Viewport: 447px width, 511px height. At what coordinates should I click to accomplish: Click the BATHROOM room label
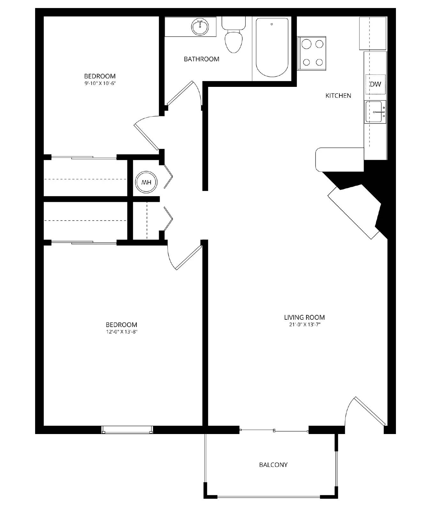point(201,59)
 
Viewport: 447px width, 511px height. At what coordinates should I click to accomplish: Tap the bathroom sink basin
point(200,27)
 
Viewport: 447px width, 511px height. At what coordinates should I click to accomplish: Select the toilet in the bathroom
point(233,37)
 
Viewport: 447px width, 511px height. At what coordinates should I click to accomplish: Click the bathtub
point(272,47)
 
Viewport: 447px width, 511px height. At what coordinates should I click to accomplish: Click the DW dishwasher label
point(375,84)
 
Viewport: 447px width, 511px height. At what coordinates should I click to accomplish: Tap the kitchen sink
point(375,112)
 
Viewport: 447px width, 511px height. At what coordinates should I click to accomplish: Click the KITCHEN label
point(338,95)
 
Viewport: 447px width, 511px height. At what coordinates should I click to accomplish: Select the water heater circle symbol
point(146,182)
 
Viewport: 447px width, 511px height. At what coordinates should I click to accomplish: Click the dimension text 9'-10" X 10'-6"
point(100,83)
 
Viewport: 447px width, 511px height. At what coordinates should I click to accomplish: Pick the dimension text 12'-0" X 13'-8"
point(121,332)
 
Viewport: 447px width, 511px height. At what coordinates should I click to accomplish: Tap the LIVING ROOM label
point(304,317)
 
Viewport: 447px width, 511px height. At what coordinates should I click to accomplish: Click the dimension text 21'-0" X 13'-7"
point(304,325)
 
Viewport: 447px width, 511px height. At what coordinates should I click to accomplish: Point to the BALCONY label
point(273,465)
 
